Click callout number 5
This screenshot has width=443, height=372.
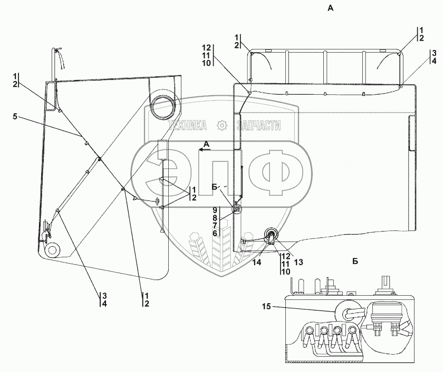pyautogui.click(x=15, y=116)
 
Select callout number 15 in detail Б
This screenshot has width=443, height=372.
pyautogui.click(x=266, y=306)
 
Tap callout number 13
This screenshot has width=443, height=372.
pyautogui.click(x=298, y=262)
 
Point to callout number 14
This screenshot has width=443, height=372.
pyautogui.click(x=257, y=262)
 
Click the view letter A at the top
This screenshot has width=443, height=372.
pyautogui.click(x=331, y=8)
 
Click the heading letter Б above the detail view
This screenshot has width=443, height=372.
pyautogui.click(x=355, y=262)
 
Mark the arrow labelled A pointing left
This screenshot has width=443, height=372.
pyautogui.click(x=205, y=149)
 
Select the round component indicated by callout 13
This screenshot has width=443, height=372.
pyautogui.click(x=271, y=234)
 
